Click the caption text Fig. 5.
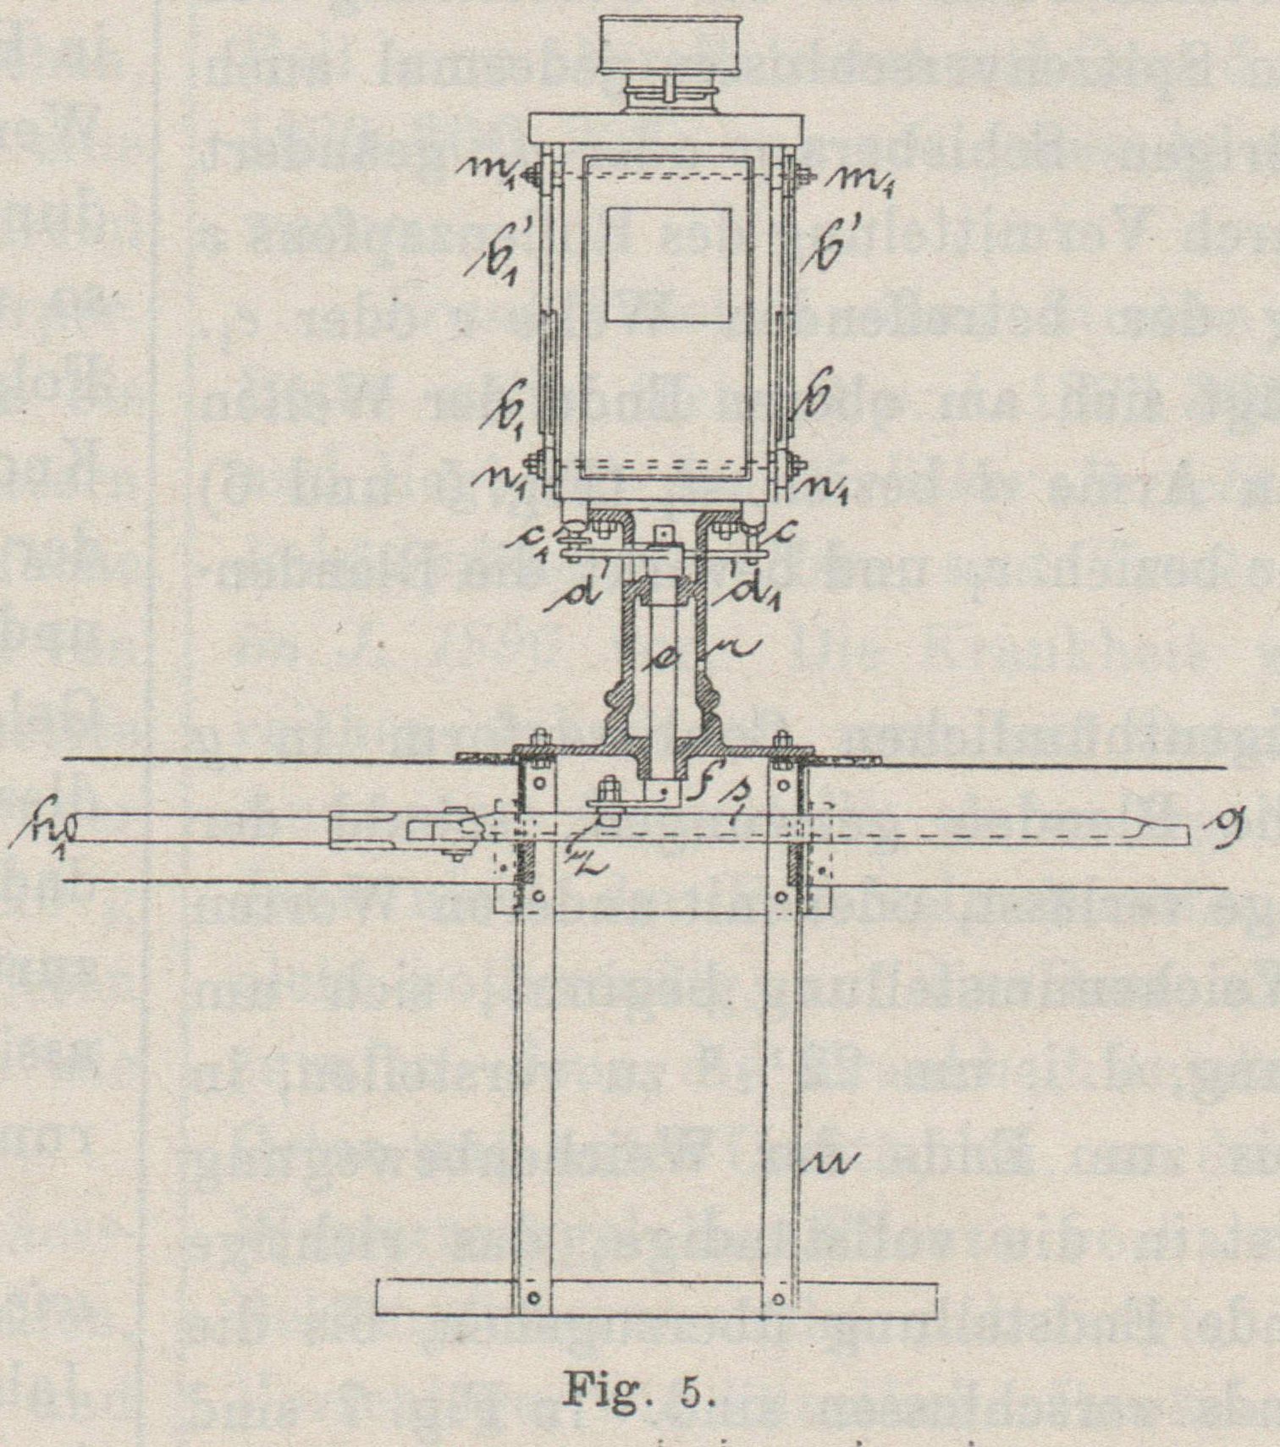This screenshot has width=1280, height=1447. (640, 1391)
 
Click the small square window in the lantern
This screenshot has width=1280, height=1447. (668, 265)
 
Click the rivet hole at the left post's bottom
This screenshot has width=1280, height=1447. (532, 1297)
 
